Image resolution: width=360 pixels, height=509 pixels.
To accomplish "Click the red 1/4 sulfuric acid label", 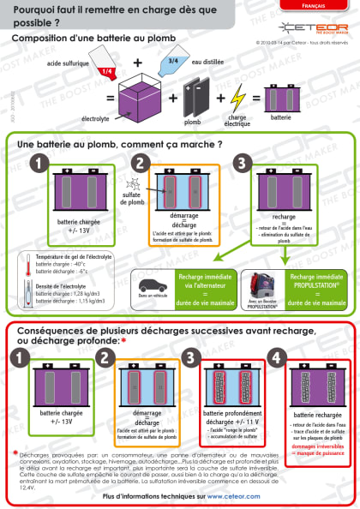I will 107,73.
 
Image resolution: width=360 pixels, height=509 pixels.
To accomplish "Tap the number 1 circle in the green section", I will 37,163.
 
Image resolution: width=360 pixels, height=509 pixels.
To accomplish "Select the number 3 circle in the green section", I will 245,163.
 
